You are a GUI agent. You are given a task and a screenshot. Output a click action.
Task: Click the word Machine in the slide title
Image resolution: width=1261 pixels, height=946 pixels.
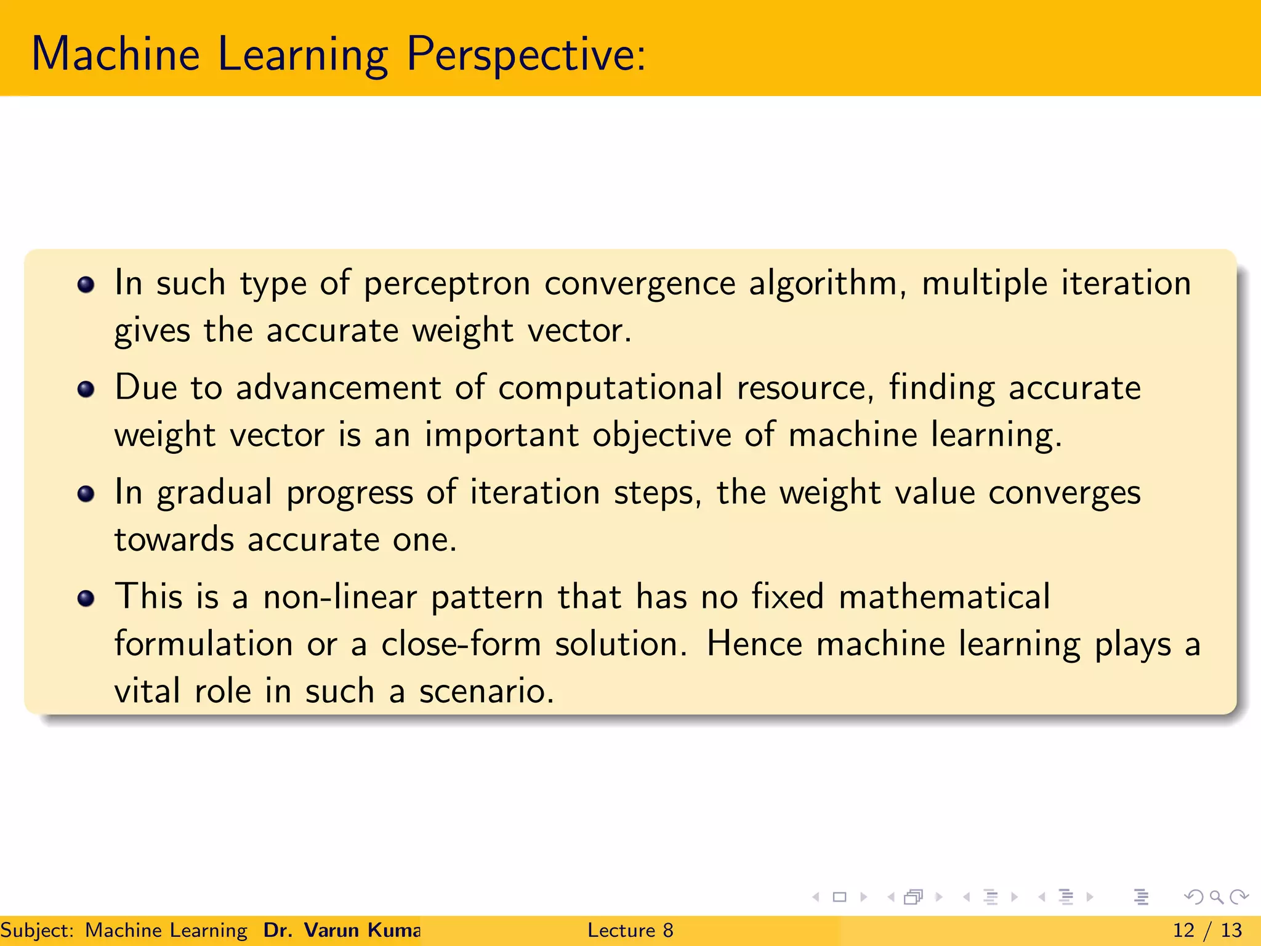[x=116, y=54]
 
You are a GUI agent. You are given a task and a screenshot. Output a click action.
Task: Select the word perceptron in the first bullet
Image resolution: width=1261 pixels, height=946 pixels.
[x=447, y=285]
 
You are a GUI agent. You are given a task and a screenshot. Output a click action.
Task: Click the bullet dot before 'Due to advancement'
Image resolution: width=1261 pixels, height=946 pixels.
[x=86, y=389]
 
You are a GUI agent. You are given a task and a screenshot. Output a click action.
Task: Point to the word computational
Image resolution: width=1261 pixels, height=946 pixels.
[x=610, y=388]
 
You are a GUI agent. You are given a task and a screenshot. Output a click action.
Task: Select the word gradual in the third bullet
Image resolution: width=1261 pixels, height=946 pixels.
[x=214, y=493]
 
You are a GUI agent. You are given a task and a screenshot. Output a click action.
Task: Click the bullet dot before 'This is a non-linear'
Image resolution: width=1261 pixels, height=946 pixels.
[x=86, y=598]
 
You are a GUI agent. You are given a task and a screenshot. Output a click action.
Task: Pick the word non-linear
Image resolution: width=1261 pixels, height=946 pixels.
[x=340, y=597]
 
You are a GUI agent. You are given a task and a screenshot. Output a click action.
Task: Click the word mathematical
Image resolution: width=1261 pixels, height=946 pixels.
[x=945, y=597]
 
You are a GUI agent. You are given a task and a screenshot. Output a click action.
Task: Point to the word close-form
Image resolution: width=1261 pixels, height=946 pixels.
[x=461, y=644]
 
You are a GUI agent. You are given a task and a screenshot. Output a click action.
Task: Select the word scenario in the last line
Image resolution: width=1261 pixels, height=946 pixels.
[x=486, y=691]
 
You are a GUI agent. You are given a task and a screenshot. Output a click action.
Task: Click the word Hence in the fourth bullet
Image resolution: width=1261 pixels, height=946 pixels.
[x=754, y=644]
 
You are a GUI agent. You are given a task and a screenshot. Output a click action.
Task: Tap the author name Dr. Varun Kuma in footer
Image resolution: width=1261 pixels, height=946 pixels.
[x=342, y=930]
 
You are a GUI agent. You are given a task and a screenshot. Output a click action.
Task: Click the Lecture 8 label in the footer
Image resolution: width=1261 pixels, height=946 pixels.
[x=630, y=930]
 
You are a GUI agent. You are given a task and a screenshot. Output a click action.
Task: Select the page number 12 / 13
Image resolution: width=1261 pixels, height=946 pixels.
[x=1207, y=930]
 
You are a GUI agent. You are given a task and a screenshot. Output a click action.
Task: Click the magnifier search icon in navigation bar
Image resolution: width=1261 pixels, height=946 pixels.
[x=1216, y=897]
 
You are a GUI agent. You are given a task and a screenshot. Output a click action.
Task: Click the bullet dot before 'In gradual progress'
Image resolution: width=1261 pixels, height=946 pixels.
[x=86, y=494]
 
